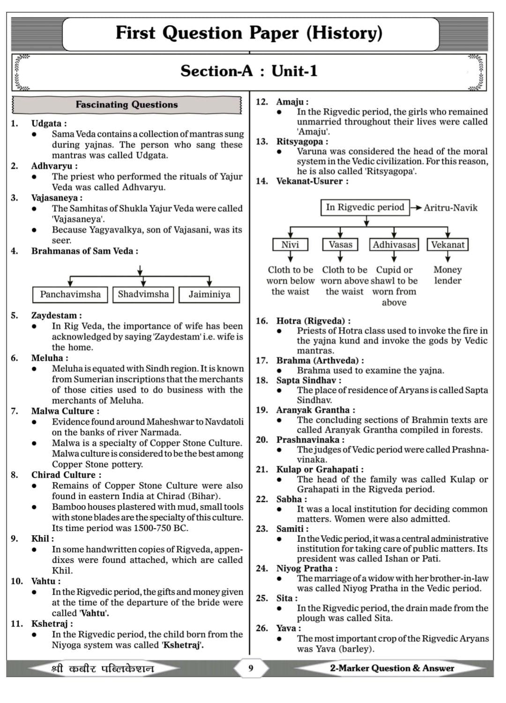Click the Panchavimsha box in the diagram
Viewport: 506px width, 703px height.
point(70,294)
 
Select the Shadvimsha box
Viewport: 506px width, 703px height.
point(143,294)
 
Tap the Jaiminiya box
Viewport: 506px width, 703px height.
point(209,294)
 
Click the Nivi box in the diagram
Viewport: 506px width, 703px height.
point(290,245)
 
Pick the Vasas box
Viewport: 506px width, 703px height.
point(340,245)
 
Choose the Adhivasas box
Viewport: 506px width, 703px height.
point(394,245)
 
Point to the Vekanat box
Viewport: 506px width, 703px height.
point(448,245)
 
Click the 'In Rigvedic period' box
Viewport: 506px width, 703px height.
point(365,207)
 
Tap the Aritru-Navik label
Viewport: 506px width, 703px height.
point(450,208)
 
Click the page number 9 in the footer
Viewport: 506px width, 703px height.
point(251,668)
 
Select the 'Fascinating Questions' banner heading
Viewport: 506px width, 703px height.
point(126,105)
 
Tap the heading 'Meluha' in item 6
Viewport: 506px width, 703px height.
point(47,358)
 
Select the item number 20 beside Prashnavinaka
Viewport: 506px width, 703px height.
point(261,440)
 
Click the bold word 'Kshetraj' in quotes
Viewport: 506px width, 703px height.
point(182,645)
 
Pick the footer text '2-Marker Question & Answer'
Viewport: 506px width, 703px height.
point(392,668)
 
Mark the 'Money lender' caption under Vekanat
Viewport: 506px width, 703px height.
point(447,275)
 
